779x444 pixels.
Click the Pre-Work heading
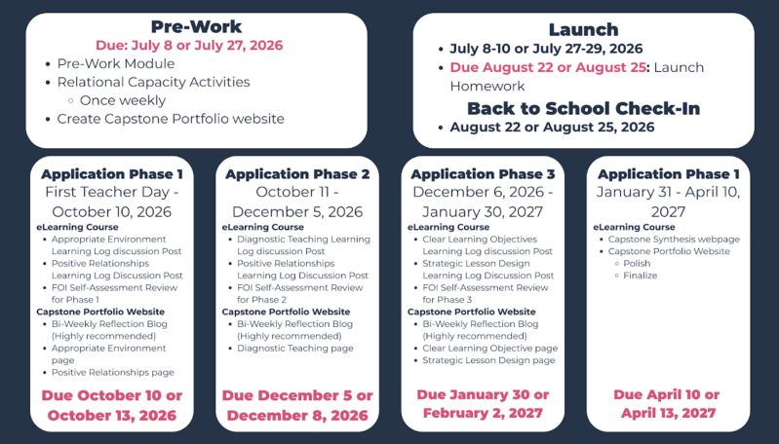pyautogui.click(x=196, y=26)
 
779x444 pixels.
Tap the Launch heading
pyautogui.click(x=583, y=29)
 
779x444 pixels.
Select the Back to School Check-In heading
pyautogui.click(x=583, y=108)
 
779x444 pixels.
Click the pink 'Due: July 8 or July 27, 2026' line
pyautogui.click(x=189, y=46)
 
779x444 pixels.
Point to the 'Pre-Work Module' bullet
pyautogui.click(x=116, y=64)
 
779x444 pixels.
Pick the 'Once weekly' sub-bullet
pyautogui.click(x=123, y=100)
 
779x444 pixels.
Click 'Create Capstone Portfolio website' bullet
pyautogui.click(x=171, y=119)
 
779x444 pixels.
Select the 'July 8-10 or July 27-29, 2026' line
pyautogui.click(x=546, y=49)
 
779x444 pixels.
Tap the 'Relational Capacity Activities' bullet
pyautogui.click(x=153, y=83)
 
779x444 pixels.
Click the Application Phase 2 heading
pyautogui.click(x=297, y=174)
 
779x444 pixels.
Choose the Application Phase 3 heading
pyautogui.click(x=483, y=174)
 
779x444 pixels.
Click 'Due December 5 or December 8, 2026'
pyautogui.click(x=297, y=405)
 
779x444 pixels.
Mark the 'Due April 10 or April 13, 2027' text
pyautogui.click(x=668, y=404)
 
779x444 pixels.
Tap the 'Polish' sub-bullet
pyautogui.click(x=637, y=264)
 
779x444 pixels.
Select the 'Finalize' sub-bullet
pyautogui.click(x=640, y=276)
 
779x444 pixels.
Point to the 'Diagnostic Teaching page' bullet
pyautogui.click(x=295, y=349)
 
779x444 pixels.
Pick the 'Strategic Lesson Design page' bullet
pyautogui.click(x=488, y=360)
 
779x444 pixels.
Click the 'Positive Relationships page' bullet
pyautogui.click(x=113, y=373)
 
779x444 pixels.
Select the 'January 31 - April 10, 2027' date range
pyautogui.click(x=668, y=202)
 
